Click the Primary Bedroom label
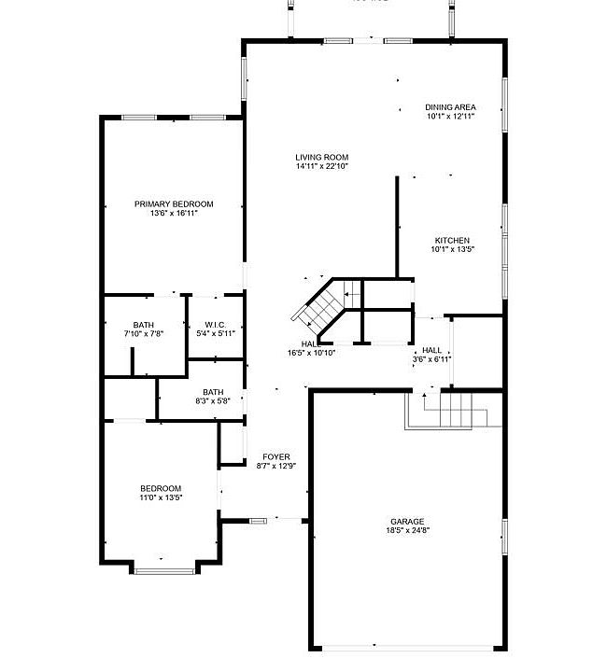click(174, 203)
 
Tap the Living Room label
click(322, 157)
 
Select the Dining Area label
click(451, 107)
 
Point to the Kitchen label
click(452, 240)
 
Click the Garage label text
click(407, 521)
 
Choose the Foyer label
click(276, 456)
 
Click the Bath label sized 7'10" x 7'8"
click(143, 324)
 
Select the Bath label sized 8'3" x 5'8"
click(214, 392)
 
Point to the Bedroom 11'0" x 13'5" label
click(161, 488)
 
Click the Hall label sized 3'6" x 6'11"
click(431, 349)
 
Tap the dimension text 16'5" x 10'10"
click(312, 353)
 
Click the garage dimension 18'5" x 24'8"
click(407, 530)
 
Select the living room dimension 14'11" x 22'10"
click(322, 166)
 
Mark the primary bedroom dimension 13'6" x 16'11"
click(174, 213)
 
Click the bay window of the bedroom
click(164, 568)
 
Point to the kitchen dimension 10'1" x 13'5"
click(452, 249)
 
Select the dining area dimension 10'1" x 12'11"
click(451, 117)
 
